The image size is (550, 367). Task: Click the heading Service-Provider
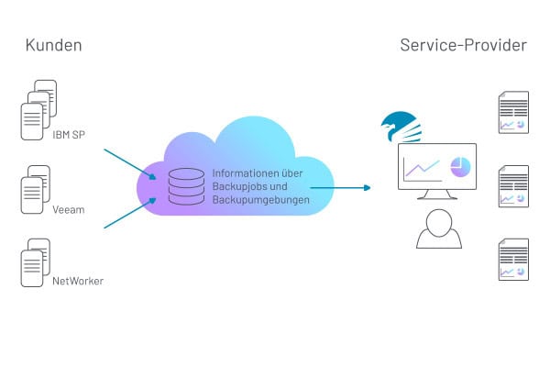pos(463,45)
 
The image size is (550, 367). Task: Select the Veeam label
pos(70,209)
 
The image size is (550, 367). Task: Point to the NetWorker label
pos(77,281)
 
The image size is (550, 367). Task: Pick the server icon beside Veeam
pos(35,189)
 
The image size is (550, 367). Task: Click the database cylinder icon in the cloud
pos(186,185)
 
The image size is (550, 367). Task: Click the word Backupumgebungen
pos(261,199)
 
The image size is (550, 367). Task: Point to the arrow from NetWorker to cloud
pos(124,212)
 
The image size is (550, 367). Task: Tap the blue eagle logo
pos(401,125)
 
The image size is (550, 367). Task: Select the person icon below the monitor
pos(439,229)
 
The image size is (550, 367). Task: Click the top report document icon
pos(512,110)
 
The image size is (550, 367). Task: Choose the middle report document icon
pos(512,185)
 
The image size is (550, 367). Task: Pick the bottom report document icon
pos(512,260)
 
